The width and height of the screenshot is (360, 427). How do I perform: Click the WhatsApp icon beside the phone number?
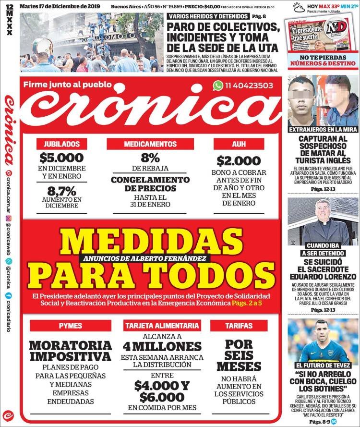(218, 85)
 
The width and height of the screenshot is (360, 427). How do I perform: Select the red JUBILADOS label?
(62, 143)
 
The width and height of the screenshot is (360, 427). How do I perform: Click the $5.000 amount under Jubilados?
(62, 158)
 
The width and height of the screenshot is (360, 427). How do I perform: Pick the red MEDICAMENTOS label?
(150, 143)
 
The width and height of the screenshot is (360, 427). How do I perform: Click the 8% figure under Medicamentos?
(150, 158)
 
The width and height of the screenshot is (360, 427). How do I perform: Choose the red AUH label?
(239, 143)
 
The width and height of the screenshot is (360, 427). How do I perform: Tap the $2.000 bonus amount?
(239, 161)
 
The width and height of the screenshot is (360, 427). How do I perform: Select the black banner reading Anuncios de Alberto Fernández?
(147, 258)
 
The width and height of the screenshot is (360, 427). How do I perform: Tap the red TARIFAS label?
(239, 326)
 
